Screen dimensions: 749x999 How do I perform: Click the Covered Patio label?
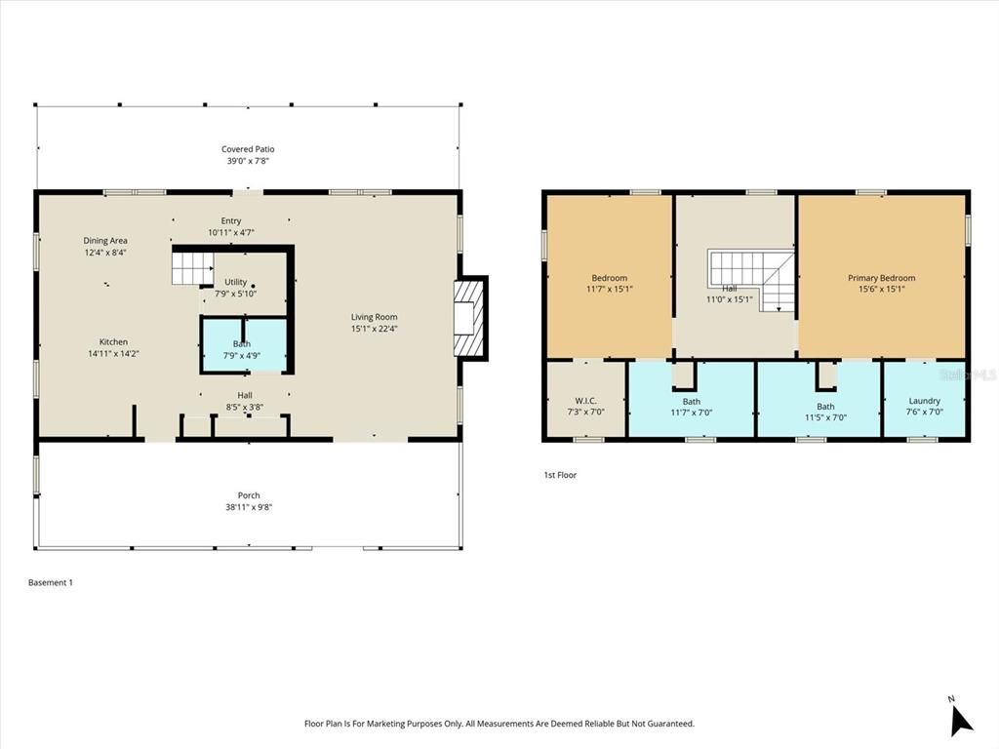pos(247,149)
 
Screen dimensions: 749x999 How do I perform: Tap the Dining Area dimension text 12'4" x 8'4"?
pos(105,253)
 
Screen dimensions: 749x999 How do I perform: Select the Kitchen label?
pos(113,342)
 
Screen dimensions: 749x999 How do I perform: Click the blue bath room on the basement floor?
pos(243,344)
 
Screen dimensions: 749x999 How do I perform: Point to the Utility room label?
pos(236,282)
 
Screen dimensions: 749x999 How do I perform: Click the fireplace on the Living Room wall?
pos(470,318)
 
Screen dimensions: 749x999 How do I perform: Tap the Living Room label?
pos(374,317)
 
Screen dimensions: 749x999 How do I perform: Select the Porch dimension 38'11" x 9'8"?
pos(248,507)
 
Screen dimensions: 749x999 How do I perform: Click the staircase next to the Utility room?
pos(192,267)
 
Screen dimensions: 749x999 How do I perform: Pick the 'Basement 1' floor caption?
pos(51,582)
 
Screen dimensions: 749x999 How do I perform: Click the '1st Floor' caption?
pos(560,475)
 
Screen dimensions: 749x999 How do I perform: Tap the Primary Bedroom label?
pos(881,278)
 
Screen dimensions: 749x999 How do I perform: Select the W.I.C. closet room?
pos(585,401)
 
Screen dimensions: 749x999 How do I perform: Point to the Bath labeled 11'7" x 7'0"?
pos(691,402)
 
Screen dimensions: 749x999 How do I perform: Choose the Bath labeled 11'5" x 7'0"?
pos(825,407)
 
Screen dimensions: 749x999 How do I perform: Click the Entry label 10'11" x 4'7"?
pos(230,221)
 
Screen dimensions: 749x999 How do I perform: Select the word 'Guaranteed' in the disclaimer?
pos(669,724)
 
